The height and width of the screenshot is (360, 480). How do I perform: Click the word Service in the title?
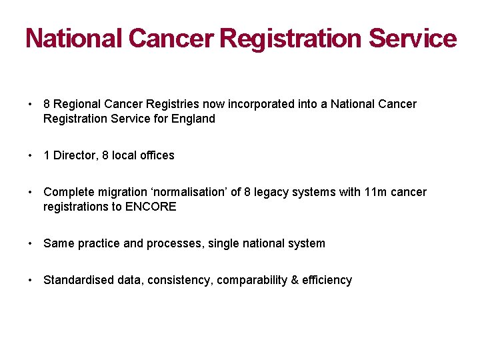[412, 39]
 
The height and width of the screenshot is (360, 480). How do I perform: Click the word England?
[194, 119]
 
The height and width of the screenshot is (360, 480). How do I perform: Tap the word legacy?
[273, 192]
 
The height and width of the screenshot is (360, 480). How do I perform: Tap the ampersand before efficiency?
[295, 280]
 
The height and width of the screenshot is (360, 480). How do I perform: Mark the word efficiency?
[327, 280]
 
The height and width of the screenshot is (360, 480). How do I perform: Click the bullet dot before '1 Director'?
[31, 155]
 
